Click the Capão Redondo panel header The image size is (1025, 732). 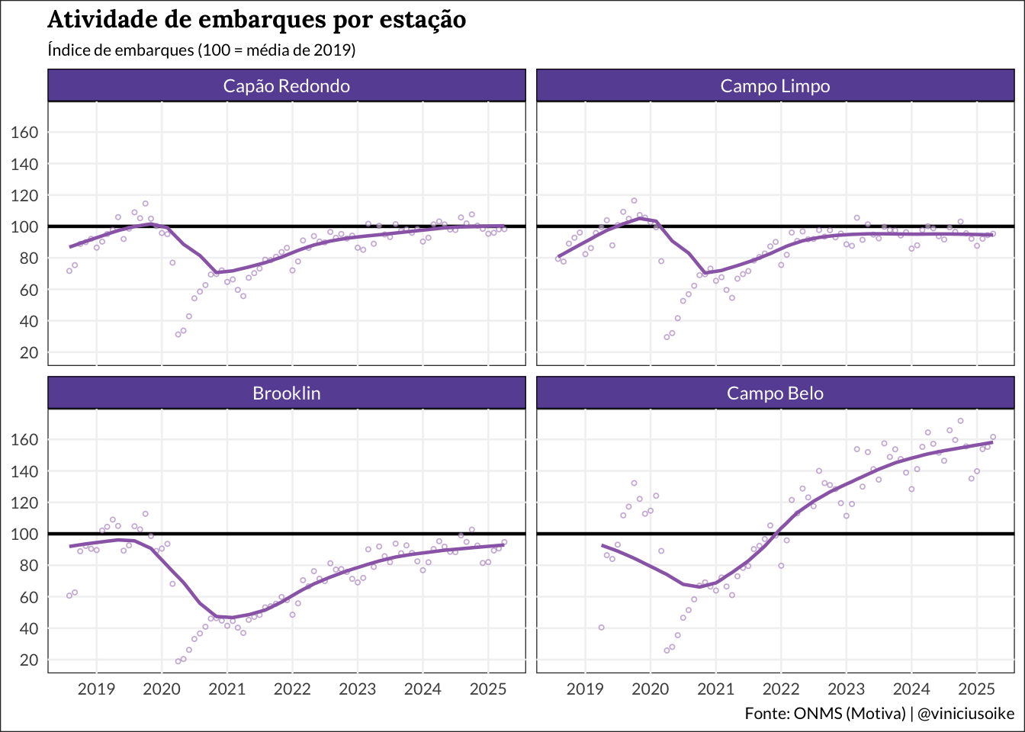coord(286,86)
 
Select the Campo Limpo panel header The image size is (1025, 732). coord(775,86)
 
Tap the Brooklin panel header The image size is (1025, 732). coord(286,393)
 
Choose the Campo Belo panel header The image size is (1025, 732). coord(775,393)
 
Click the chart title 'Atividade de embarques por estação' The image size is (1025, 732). coord(256,19)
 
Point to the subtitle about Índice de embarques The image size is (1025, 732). coord(201,50)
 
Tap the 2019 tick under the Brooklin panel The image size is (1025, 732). coord(97,689)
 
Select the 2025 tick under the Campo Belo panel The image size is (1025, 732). coord(976,689)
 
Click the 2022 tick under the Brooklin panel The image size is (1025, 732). coord(292,689)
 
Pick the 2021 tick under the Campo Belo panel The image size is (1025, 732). coord(715,689)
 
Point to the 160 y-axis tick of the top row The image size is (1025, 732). coord(24,133)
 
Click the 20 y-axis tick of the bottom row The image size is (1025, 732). coord(28,660)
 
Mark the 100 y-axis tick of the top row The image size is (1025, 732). coord(24,227)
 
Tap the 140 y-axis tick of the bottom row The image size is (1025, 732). coord(24,472)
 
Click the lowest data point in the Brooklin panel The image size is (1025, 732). coord(178,661)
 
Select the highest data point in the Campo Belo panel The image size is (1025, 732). coord(960,421)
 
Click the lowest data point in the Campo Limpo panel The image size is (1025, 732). coord(667,336)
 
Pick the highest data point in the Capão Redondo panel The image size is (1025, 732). coord(145,204)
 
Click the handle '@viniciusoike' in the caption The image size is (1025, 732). coord(966,714)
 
